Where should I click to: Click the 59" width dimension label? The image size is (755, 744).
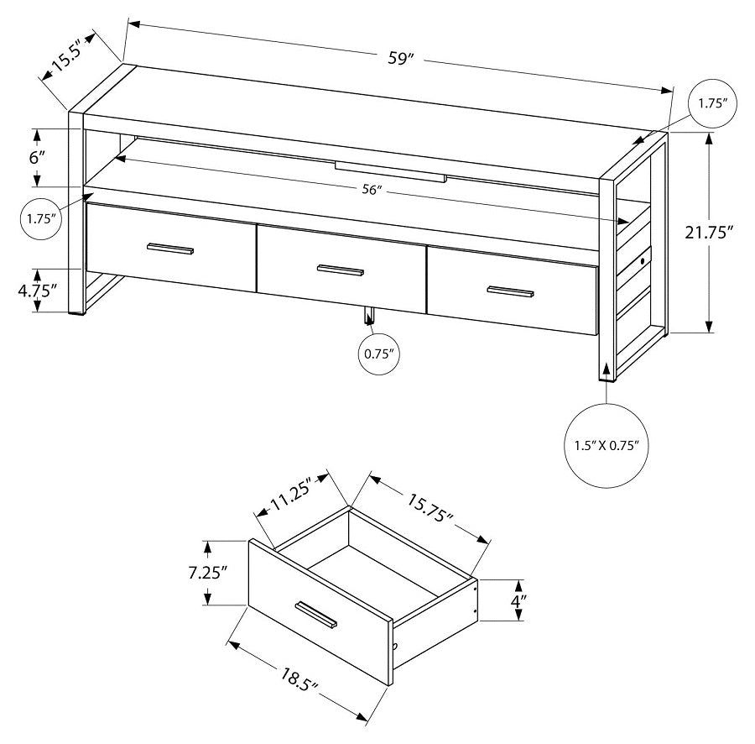[401, 58]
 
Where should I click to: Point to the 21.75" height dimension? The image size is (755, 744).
[714, 233]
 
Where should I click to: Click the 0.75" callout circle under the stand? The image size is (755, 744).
[356, 354]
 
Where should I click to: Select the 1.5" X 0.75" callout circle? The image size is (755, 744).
[607, 446]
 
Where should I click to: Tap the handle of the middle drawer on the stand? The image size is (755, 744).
[341, 270]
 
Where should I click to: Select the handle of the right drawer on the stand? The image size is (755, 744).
[511, 291]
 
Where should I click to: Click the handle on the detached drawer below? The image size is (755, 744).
[315, 614]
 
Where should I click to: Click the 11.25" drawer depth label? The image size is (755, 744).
[290, 498]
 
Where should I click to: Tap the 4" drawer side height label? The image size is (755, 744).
[519, 601]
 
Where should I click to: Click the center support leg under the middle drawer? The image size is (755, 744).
[367, 316]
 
